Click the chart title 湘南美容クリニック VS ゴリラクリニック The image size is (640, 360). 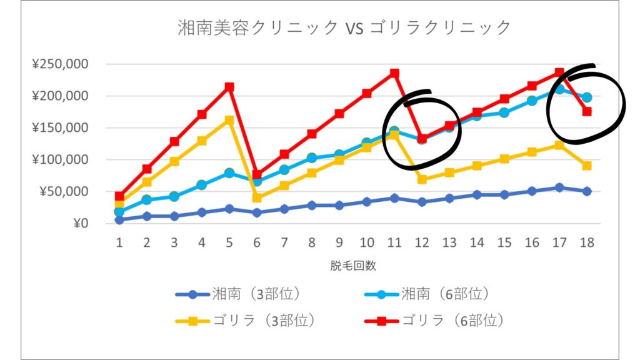coord(344,27)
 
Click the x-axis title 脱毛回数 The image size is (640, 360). coord(353,265)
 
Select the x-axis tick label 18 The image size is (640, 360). coord(587,241)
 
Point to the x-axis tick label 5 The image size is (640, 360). coord(229,241)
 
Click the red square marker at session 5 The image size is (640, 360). coord(229,87)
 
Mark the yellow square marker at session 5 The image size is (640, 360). coord(229,120)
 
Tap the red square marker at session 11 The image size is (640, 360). coord(394,73)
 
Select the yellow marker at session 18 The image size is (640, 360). coord(587,166)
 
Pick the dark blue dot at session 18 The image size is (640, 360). coord(587,191)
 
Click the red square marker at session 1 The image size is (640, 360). coord(119,196)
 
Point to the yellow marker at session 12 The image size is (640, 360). coord(422,179)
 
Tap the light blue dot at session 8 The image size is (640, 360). coord(312,158)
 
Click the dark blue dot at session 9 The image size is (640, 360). coord(339,205)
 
